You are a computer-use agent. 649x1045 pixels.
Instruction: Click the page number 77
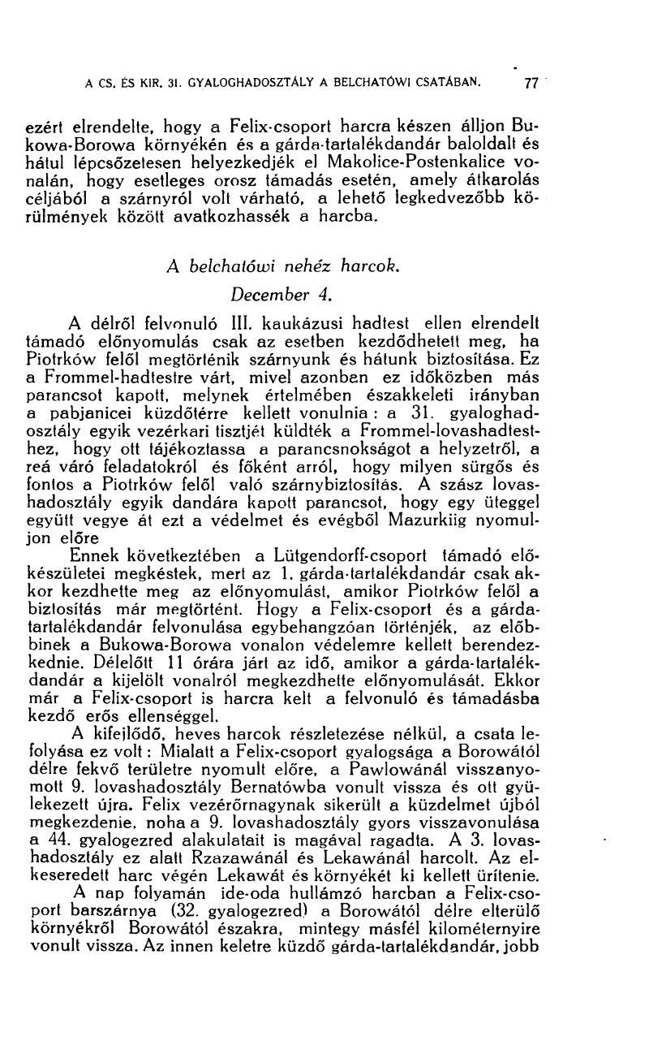[532, 82]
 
